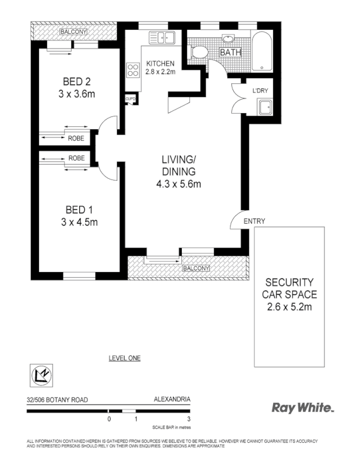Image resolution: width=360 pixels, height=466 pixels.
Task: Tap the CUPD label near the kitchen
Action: (130, 99)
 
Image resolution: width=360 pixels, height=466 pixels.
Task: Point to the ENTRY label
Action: (254, 221)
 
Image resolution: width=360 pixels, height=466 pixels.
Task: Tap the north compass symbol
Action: (41, 374)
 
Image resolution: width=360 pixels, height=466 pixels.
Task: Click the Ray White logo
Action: (302, 408)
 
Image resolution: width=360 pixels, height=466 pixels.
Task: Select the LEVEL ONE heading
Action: (125, 358)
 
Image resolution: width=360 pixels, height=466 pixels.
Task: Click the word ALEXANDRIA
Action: (171, 401)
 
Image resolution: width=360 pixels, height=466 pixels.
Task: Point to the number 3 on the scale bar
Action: (189, 418)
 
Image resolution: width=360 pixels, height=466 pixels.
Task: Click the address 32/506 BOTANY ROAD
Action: (57, 401)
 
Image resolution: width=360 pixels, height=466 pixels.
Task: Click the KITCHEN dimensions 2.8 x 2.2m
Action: (160, 72)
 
